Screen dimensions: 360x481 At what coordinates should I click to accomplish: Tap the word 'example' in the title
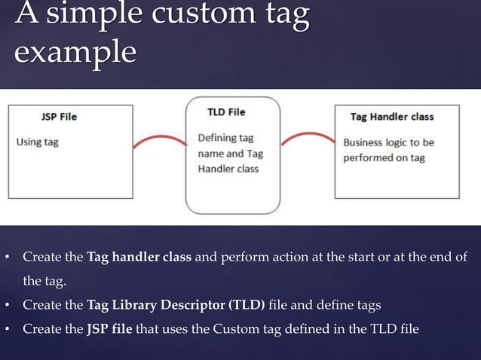(x=75, y=53)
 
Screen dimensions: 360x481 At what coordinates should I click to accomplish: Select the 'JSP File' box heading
(x=59, y=117)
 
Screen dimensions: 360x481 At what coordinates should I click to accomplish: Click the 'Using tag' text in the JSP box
(x=38, y=142)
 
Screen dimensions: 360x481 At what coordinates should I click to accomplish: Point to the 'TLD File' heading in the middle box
(x=226, y=112)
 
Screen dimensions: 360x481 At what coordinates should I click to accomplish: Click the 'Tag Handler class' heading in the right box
(x=392, y=117)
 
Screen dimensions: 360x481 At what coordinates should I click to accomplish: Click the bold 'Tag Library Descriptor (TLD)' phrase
(x=176, y=305)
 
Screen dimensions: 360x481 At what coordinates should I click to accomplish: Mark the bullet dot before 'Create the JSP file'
(x=7, y=329)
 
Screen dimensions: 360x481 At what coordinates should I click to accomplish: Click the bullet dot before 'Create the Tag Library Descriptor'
(x=7, y=305)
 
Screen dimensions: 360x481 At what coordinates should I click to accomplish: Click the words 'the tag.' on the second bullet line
(x=44, y=282)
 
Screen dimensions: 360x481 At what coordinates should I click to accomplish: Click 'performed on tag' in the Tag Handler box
(x=383, y=158)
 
